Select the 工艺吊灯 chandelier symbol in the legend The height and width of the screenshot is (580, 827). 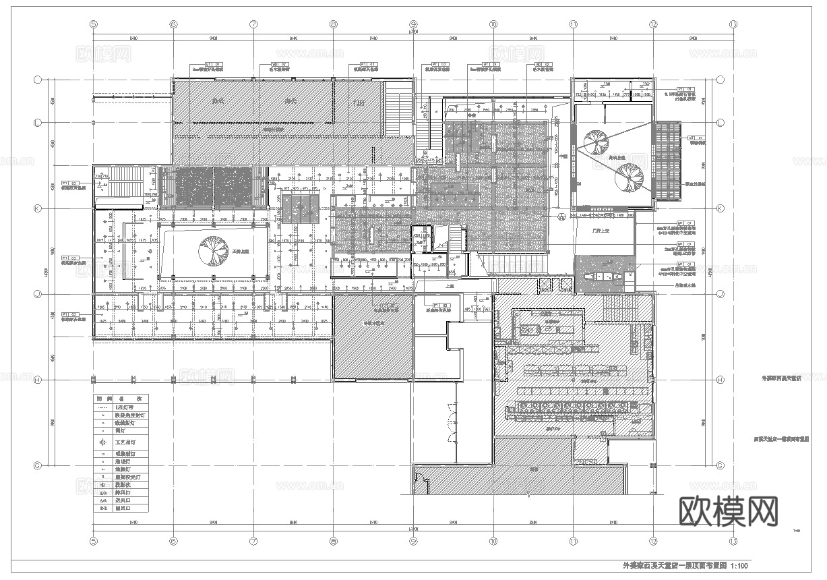(x=102, y=442)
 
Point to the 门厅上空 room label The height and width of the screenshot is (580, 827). (x=594, y=231)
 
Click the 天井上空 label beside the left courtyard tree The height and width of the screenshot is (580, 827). (x=241, y=250)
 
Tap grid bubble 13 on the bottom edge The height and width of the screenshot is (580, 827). (x=733, y=542)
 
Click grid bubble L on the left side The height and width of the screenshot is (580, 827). (x=38, y=122)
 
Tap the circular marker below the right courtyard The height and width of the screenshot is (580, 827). (x=561, y=216)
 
